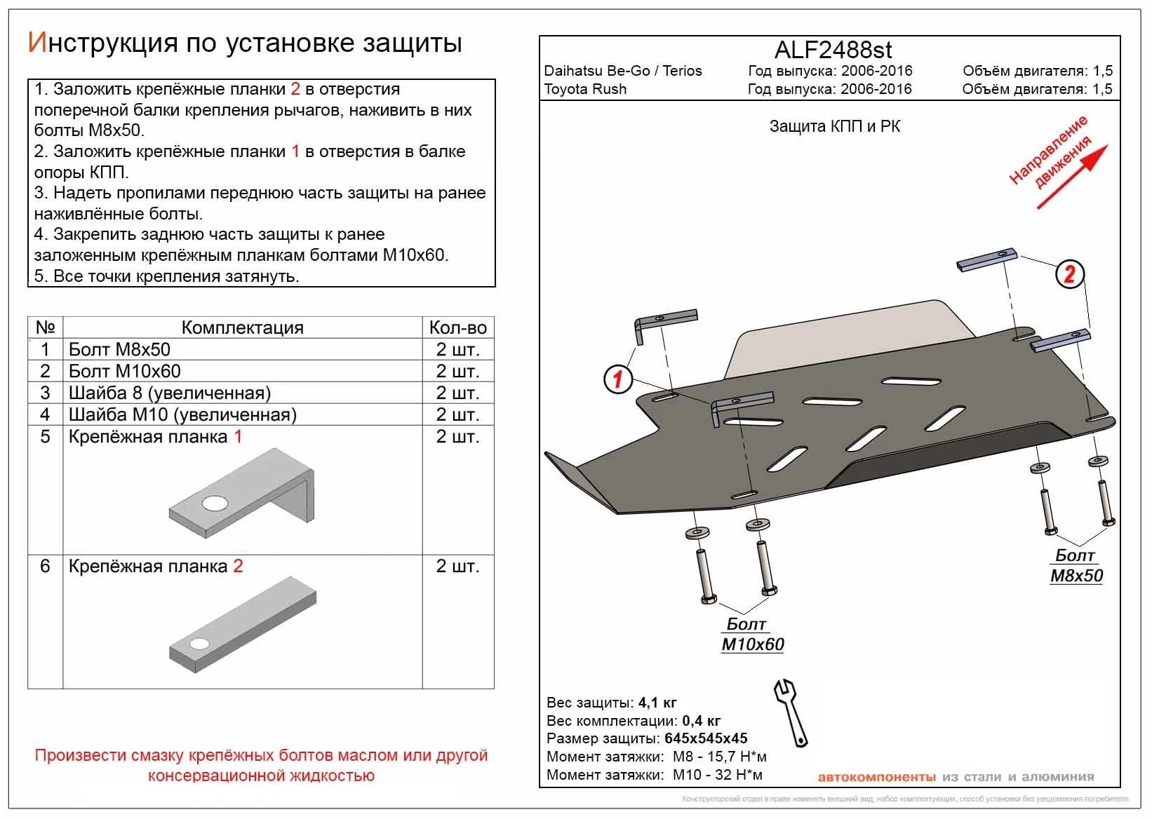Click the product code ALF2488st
(x=833, y=50)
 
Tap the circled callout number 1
(x=618, y=380)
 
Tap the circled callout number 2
(x=1069, y=273)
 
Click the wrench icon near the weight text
(x=791, y=712)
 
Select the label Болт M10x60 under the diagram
(x=751, y=634)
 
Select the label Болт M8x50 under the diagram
(x=1076, y=566)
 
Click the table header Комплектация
(x=242, y=327)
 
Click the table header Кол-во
(x=457, y=327)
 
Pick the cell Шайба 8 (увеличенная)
(x=170, y=393)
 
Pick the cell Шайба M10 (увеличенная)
(x=182, y=414)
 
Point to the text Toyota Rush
(x=585, y=89)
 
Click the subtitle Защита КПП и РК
(x=834, y=127)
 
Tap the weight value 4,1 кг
(x=657, y=703)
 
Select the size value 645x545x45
(x=705, y=738)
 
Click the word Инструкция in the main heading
(x=102, y=43)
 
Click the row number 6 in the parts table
(x=45, y=566)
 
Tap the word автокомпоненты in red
(x=876, y=777)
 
